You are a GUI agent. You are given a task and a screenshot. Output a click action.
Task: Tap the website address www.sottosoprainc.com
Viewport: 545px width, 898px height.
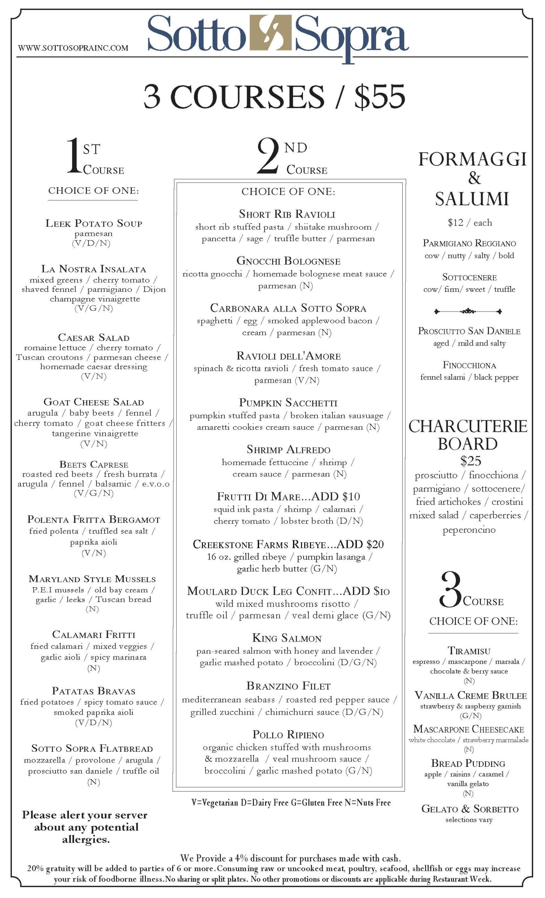point(73,48)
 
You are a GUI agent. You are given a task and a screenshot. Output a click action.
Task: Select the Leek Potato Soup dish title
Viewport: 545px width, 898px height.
point(94,223)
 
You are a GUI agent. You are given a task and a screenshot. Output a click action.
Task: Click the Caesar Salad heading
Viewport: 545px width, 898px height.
point(94,337)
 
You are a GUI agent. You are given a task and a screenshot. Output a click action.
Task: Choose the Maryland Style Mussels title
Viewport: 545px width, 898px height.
point(92,579)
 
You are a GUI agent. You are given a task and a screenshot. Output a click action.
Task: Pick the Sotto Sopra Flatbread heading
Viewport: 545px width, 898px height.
point(92,749)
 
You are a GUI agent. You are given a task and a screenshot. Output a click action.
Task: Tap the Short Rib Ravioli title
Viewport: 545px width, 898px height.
point(287,214)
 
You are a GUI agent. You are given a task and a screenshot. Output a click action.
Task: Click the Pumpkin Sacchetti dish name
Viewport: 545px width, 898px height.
point(288,403)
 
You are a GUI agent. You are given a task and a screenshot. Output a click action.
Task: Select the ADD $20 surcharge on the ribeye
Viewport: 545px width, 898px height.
point(361,544)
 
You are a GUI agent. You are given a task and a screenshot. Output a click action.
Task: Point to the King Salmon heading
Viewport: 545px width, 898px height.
point(287,638)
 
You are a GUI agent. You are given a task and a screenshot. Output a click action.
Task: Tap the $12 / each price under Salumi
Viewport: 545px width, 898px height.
point(470,223)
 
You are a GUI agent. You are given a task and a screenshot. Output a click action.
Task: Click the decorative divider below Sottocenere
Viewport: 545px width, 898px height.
point(468,311)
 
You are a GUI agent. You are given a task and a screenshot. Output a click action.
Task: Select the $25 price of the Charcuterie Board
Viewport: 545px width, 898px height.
point(471,461)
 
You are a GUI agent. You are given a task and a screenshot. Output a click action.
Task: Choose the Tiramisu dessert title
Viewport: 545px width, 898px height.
point(469,651)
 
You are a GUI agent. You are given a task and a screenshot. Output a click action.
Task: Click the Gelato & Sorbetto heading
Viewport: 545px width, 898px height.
point(470,809)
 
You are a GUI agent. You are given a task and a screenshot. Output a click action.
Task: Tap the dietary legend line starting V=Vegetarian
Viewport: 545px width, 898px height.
point(291,803)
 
